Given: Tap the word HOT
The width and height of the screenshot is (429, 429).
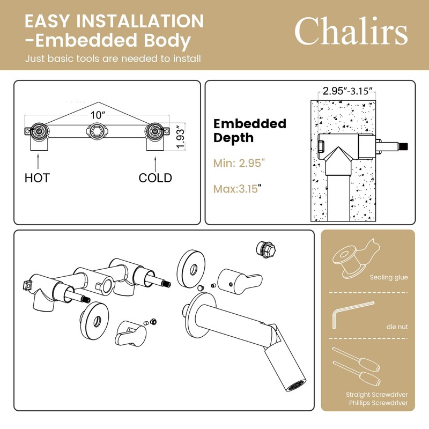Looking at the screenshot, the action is pyautogui.click(x=37, y=178).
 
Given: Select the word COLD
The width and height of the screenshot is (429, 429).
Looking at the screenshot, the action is pyautogui.click(x=155, y=178).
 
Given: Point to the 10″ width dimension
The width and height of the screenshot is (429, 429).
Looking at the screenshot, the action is pyautogui.click(x=98, y=115).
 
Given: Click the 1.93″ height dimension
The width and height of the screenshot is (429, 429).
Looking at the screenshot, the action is pyautogui.click(x=180, y=137).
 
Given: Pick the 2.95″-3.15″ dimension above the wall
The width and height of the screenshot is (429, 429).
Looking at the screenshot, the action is pyautogui.click(x=347, y=91).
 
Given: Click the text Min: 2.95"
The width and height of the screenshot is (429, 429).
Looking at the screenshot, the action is pyautogui.click(x=239, y=163).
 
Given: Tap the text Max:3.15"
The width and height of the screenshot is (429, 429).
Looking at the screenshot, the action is pyautogui.click(x=237, y=189).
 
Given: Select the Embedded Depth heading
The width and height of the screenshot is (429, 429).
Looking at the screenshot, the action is pyautogui.click(x=250, y=130).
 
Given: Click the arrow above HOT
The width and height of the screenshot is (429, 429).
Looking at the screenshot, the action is pyautogui.click(x=38, y=161).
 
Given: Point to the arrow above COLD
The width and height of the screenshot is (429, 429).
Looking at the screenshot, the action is pyautogui.click(x=155, y=164).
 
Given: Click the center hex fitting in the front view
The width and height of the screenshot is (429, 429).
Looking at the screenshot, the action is pyautogui.click(x=96, y=131).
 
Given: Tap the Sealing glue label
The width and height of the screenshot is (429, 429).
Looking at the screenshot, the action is pyautogui.click(x=389, y=277).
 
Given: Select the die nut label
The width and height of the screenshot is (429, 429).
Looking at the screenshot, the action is pyautogui.click(x=397, y=327).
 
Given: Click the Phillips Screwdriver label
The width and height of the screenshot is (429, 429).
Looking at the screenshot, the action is pyautogui.click(x=378, y=403).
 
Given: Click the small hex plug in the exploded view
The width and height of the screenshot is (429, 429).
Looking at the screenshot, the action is pyautogui.click(x=265, y=248).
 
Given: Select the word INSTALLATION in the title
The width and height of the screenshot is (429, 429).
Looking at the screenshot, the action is pyautogui.click(x=140, y=21).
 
